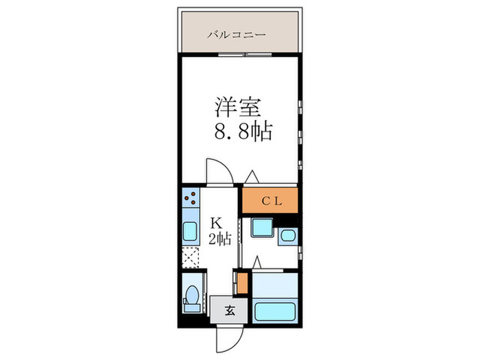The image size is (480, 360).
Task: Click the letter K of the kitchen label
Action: click(x=216, y=223)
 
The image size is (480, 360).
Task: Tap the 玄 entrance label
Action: click(x=230, y=310)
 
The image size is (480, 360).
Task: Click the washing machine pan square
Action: click(x=261, y=228)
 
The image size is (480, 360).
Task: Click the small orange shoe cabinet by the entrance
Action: click(x=240, y=282)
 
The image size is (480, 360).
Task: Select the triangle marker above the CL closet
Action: click(x=252, y=177)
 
